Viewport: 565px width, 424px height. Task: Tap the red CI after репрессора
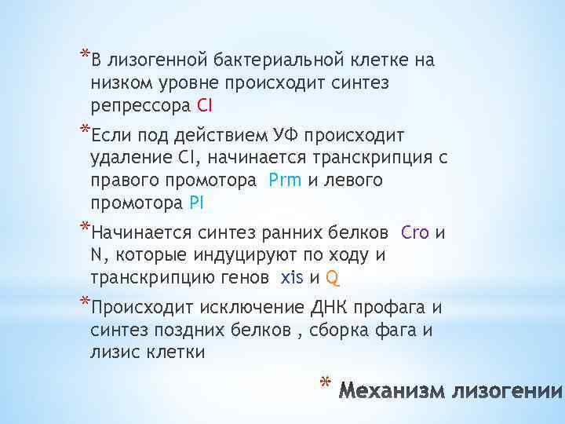[205, 104]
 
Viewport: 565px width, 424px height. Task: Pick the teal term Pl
[196, 203]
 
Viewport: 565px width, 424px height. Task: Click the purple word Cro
[414, 233]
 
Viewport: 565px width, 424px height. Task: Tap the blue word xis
[292, 277]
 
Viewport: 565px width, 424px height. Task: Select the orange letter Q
[333, 277]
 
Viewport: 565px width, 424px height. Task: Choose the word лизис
[116, 352]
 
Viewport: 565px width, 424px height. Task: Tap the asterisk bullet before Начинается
[83, 228]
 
